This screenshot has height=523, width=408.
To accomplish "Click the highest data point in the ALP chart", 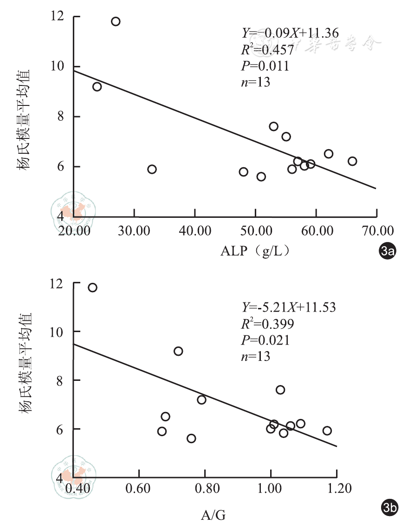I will pos(116,21).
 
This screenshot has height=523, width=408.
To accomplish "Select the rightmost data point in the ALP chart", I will pos(352,161).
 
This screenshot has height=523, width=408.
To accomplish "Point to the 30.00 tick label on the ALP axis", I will pos(134,230).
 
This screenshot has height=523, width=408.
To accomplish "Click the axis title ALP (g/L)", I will pos(256,251).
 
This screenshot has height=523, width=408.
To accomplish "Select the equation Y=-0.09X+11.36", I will pos(291,33).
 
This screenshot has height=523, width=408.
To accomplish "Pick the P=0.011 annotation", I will pos(266,66).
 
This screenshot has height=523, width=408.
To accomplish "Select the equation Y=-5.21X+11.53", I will pos(289,307).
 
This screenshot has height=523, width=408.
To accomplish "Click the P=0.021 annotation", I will pos(266,340).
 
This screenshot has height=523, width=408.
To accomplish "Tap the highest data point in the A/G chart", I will pos(92,288).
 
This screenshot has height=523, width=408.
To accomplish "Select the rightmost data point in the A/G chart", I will pos(327,431).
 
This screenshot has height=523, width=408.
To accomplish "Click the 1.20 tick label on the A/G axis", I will pos(337,489).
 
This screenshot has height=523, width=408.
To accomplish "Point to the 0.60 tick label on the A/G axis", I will pos(139,489).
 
